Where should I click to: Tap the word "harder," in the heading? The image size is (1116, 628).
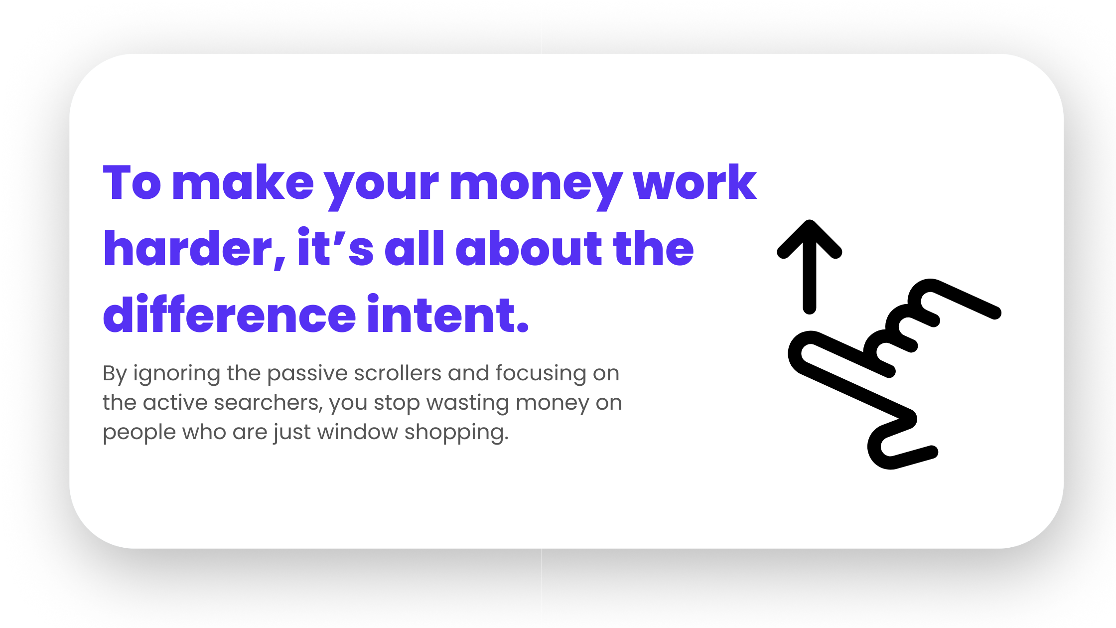[195, 249]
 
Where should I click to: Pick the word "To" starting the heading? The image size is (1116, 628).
[132, 182]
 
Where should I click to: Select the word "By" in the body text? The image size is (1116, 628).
[115, 374]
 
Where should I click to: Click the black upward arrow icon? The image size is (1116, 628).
[810, 267]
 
